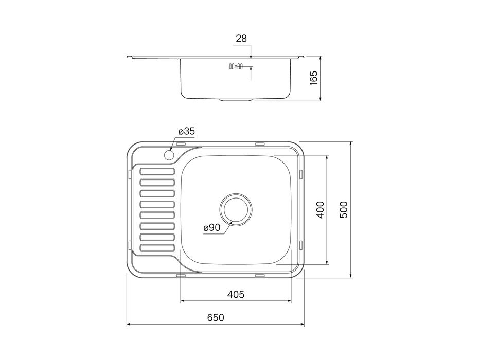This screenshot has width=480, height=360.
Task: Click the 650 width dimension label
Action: [216, 318]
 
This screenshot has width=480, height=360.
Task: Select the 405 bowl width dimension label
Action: [236, 295]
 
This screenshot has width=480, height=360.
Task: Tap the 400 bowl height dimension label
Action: [320, 210]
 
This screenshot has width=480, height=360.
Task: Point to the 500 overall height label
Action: [344, 210]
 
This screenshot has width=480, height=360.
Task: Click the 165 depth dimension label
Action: [314, 78]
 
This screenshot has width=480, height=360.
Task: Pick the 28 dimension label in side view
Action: [241, 39]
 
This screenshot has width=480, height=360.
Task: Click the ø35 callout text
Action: [187, 131]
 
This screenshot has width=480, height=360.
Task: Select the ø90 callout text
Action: [212, 227]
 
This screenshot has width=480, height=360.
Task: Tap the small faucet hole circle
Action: [169, 155]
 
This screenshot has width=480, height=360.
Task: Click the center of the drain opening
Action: [236, 210]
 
